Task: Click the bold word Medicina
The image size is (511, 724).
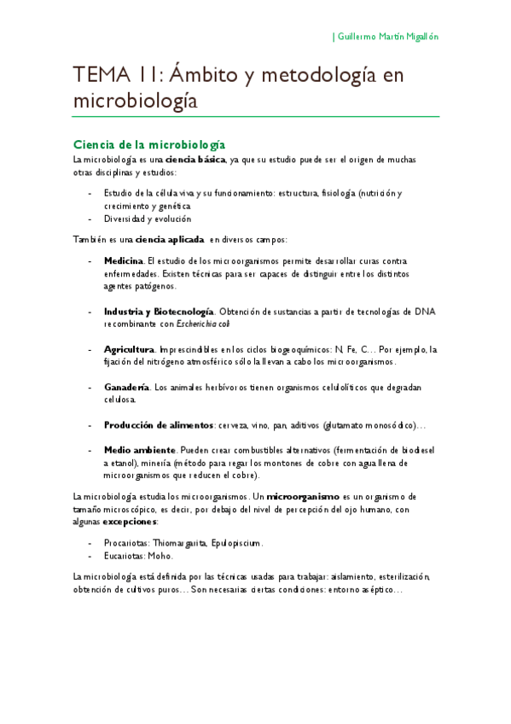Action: (x=124, y=260)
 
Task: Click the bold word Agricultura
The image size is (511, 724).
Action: (x=128, y=349)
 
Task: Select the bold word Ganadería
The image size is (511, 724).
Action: (x=126, y=387)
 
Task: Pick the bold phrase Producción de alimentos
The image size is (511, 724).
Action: (x=159, y=424)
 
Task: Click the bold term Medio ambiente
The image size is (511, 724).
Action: (x=138, y=450)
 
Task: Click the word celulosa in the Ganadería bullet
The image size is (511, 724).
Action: (x=119, y=400)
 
